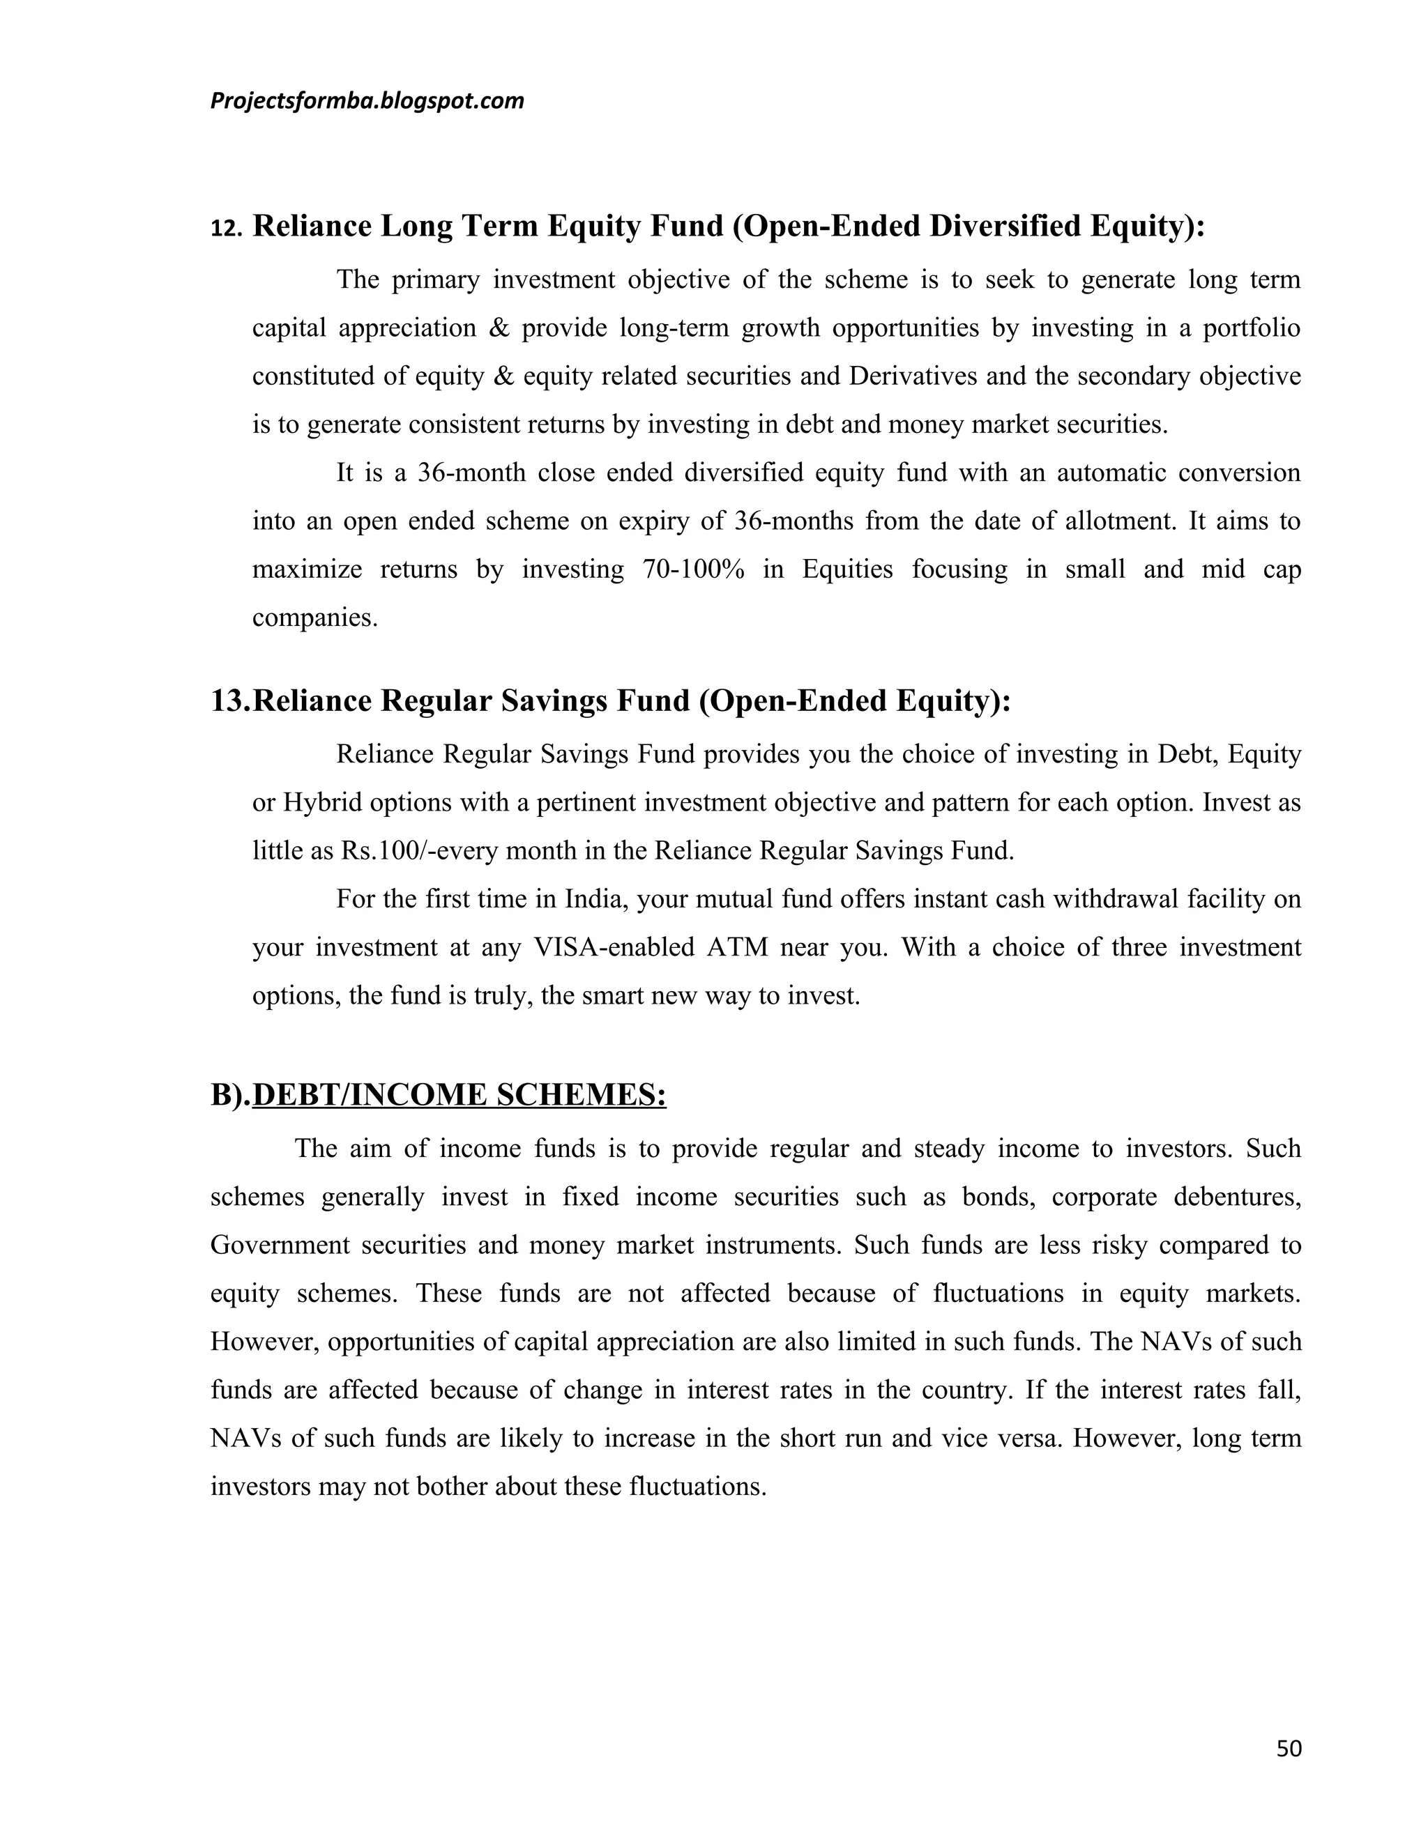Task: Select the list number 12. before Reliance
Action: tap(226, 229)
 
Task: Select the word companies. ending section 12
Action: tap(314, 618)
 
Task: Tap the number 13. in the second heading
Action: tap(230, 701)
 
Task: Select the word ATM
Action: tap(737, 947)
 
